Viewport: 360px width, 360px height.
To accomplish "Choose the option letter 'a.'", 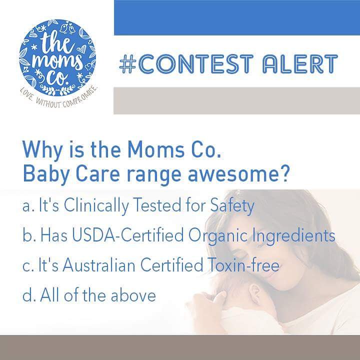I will pos(28,206).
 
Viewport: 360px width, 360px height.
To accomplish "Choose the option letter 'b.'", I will pos(28,235).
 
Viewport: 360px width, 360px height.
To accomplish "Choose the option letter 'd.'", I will pos(28,294).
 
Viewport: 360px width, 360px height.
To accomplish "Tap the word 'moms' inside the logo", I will pos(57,56).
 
